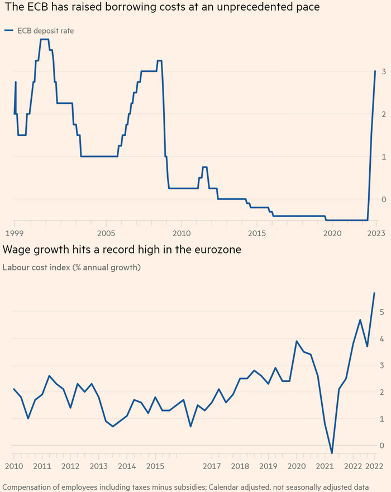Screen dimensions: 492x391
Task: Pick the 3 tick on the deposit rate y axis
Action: pyautogui.click(x=384, y=71)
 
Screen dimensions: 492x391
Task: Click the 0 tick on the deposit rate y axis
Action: pyautogui.click(x=384, y=199)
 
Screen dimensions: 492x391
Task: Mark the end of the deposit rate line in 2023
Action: pyautogui.click(x=375, y=71)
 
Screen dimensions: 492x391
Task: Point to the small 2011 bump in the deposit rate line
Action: pyautogui.click(x=205, y=167)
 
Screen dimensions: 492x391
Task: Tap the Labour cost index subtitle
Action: pyautogui.click(x=71, y=268)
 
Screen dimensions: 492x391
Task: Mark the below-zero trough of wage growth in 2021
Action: pyautogui.click(x=332, y=453)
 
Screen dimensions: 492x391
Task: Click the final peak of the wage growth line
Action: pyautogui.click(x=374, y=293)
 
